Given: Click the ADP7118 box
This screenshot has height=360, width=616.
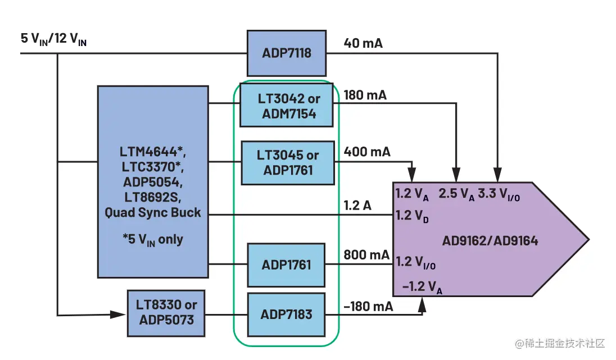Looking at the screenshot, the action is point(287,53).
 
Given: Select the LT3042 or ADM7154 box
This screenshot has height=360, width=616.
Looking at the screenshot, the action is point(287,105).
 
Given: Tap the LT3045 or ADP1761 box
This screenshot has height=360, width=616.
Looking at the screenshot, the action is point(288,162).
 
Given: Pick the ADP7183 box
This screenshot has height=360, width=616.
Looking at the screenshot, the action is point(286,315).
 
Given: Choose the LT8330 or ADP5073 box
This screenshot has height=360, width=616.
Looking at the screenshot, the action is point(166,313).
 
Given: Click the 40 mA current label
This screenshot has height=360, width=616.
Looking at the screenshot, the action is point(363,43).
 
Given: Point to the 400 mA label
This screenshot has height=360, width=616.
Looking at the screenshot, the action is point(367,152).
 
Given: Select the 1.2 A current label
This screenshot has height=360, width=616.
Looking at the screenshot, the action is point(357,206).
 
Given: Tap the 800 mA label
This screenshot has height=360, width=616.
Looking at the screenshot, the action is point(366,255).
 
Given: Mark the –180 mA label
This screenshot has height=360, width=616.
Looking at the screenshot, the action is point(368,307).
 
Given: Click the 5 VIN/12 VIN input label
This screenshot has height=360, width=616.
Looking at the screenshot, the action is point(53,39).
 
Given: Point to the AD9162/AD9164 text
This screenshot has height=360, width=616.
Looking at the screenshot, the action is point(490,240).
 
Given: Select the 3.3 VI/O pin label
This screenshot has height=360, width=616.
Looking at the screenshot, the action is point(499,194).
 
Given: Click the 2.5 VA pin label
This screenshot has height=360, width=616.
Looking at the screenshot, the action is point(456,194).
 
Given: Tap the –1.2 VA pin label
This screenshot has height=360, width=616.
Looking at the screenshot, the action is point(422,287).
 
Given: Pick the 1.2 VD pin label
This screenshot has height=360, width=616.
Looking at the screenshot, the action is point(412,216).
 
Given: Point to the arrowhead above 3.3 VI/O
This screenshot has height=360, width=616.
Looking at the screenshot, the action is point(497,175).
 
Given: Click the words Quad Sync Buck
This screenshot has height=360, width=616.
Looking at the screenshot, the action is point(152,213).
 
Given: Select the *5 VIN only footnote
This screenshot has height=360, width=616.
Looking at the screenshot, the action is point(153,239).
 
